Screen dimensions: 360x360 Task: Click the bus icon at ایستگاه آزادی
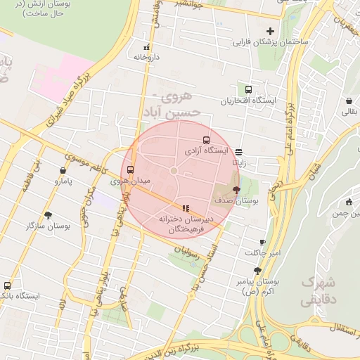tap(206, 139)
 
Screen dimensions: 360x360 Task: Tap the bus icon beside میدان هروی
tap(130, 169)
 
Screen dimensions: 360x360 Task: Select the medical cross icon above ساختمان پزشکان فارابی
tap(270, 31)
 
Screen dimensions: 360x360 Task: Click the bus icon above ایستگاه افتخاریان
tap(248, 89)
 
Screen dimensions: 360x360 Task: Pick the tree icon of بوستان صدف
tap(236, 189)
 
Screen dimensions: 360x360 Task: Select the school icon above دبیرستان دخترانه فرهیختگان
tap(186, 208)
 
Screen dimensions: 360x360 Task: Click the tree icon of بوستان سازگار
tap(48, 215)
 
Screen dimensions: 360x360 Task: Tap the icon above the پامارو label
tap(63, 170)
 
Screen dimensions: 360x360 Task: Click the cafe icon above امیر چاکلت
tap(263, 242)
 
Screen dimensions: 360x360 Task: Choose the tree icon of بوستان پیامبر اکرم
tap(257, 270)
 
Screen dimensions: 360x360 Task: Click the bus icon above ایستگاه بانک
tap(7, 285)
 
